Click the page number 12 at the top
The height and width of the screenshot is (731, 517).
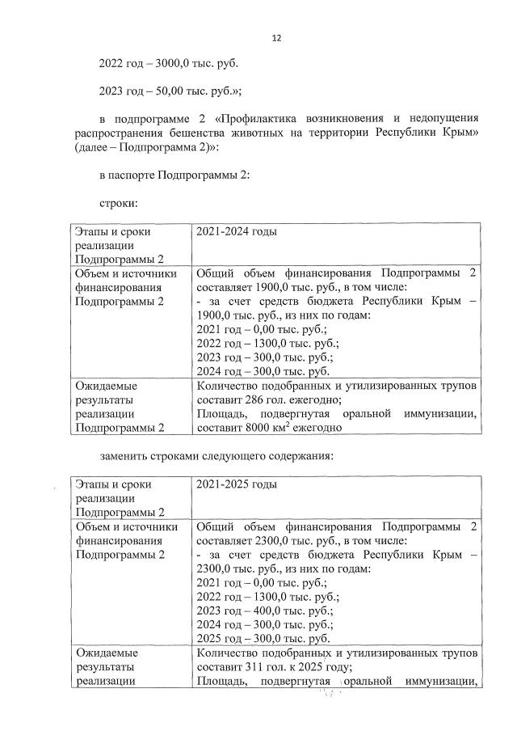pyautogui.click(x=276, y=38)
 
